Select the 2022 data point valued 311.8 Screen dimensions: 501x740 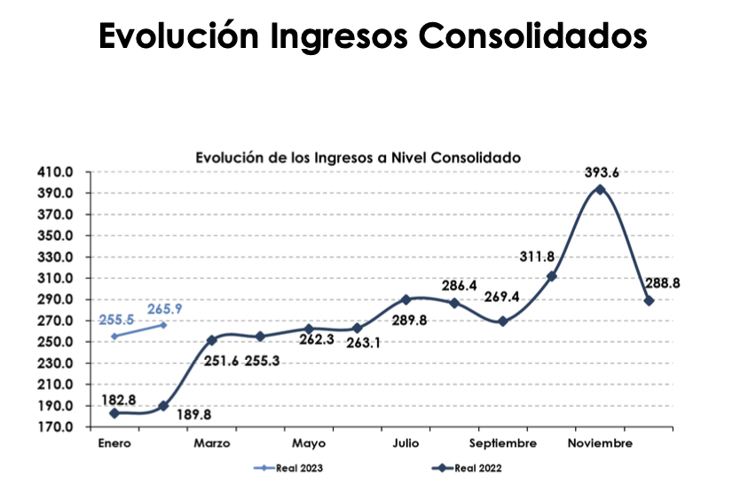pos(552,276)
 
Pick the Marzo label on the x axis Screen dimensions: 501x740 pos(212,443)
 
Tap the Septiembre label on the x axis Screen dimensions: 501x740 pos(503,443)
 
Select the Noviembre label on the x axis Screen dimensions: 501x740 pos(601,443)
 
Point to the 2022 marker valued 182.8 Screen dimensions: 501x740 pos(114,413)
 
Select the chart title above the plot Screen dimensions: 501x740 pos(358,156)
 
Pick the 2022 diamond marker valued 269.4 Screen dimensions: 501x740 pos(503,322)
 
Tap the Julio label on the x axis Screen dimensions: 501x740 pos(406,443)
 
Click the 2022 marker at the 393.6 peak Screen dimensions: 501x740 pos(601,189)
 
